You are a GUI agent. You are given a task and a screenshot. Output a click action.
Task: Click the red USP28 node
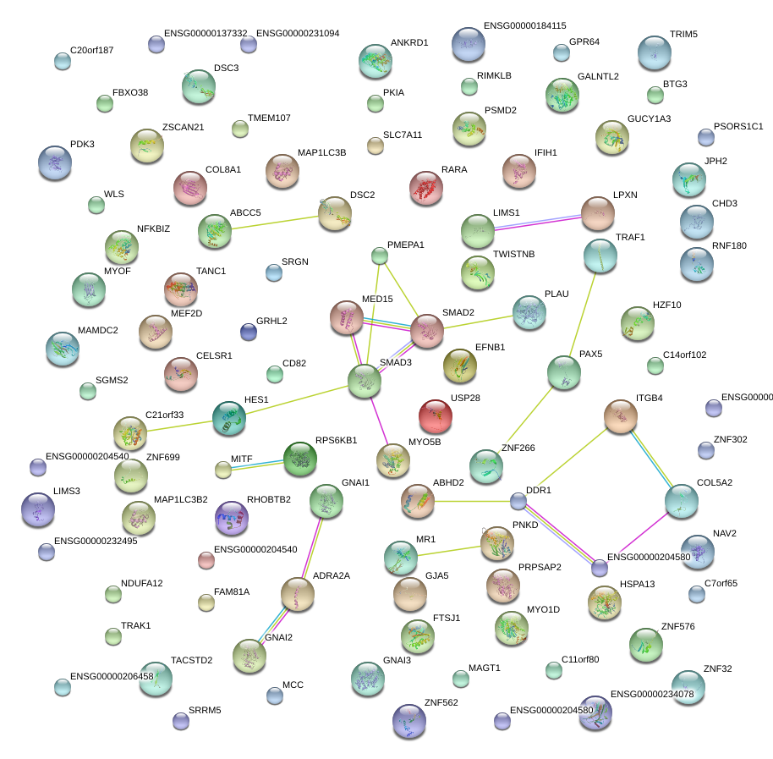[x=435, y=415]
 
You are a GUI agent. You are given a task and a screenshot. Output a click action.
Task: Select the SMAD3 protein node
[x=365, y=381]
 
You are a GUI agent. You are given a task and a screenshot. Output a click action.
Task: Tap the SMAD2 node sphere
[x=426, y=331]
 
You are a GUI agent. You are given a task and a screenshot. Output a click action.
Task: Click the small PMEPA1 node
[x=379, y=255]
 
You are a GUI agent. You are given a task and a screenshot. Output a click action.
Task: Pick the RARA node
[x=426, y=187]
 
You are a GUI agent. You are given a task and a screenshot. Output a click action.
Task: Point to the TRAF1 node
[x=600, y=255]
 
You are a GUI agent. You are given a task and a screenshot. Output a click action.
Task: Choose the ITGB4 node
[x=620, y=415]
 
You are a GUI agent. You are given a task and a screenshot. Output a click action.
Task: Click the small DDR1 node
[x=518, y=501]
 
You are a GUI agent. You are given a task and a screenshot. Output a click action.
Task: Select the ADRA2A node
[x=297, y=593]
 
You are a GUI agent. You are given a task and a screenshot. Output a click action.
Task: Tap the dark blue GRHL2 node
[x=248, y=332]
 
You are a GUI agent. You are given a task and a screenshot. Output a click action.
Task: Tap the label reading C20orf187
[x=91, y=50]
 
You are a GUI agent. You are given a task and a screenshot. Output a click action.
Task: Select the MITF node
[x=222, y=469]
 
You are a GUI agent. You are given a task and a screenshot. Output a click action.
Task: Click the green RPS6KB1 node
[x=299, y=458]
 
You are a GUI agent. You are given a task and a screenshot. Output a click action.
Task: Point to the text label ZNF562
[x=441, y=703]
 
